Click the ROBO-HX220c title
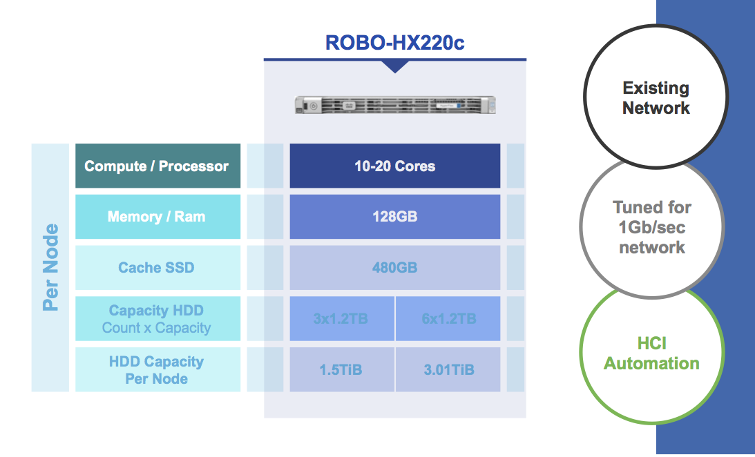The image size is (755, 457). pos(394,43)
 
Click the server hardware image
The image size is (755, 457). pos(394,105)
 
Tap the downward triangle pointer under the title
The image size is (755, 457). pos(394,66)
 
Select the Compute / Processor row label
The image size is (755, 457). pos(157,166)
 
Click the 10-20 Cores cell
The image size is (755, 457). pos(394,166)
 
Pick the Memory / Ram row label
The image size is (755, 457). pos(157,217)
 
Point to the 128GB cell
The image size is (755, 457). pos(394,217)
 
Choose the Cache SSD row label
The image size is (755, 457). pos(157,268)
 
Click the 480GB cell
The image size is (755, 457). pos(394,268)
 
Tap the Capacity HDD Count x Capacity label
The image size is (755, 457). pos(157,319)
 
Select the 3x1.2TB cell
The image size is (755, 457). pos(341,319)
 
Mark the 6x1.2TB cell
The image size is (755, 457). pos(448,319)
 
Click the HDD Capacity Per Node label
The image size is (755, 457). pos(157,370)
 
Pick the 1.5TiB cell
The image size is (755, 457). pos(341,370)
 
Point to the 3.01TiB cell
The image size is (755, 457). pos(448,370)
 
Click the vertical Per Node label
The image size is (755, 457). pos(50,268)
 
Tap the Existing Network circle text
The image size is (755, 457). pos(656,98)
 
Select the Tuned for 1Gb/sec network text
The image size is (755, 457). pos(651,227)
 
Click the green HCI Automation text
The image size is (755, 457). pos(651,353)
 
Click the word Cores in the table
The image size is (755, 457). pos(416,166)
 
